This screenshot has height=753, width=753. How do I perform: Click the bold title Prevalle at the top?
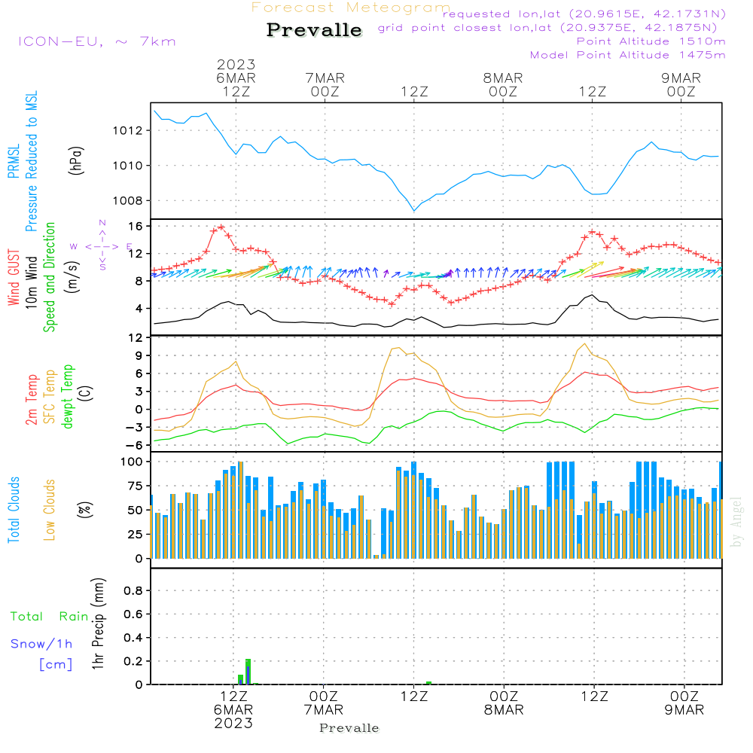click(x=314, y=30)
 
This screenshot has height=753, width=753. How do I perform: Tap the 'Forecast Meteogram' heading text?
click(x=351, y=8)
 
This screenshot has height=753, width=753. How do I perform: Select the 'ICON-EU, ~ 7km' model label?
click(x=96, y=41)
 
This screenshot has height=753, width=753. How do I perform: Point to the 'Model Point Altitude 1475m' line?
click(x=628, y=55)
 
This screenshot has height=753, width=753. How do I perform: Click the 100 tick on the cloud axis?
click(x=131, y=461)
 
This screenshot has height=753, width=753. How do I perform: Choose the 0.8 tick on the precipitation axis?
click(x=133, y=590)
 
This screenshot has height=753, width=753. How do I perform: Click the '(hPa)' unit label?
click(x=76, y=160)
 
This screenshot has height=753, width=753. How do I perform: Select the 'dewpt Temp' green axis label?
click(x=68, y=397)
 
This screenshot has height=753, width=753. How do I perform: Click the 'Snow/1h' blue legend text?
click(x=41, y=644)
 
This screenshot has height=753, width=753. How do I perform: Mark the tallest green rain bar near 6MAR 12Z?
click(x=248, y=671)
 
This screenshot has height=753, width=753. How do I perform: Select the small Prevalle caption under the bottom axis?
click(x=349, y=728)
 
